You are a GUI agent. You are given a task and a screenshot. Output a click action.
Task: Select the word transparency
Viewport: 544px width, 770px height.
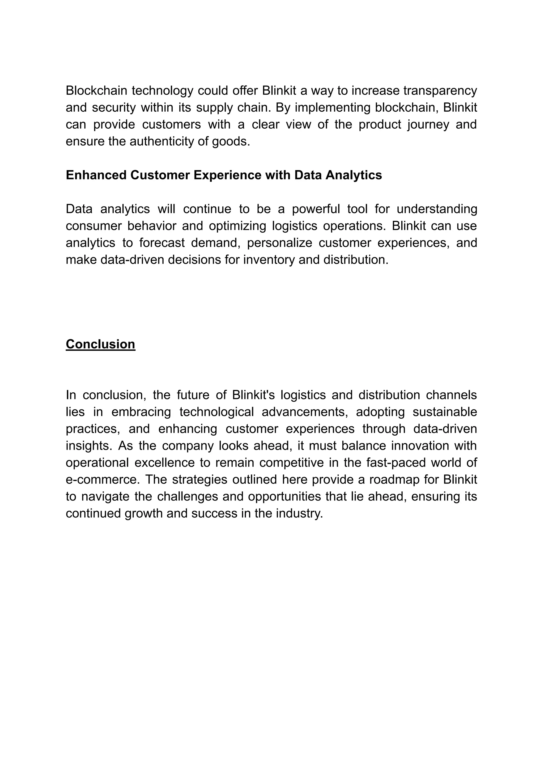(x=440, y=91)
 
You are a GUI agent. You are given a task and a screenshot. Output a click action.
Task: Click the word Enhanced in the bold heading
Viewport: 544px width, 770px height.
(x=96, y=175)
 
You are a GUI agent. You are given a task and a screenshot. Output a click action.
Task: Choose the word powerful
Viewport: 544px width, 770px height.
(x=315, y=209)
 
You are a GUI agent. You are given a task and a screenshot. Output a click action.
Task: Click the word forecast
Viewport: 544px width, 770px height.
(x=162, y=243)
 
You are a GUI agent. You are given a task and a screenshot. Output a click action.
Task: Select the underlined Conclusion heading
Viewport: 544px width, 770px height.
(x=101, y=344)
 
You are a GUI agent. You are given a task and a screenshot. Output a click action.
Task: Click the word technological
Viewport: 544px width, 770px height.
(x=216, y=412)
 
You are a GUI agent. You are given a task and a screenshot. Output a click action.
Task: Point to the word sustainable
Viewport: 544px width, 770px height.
(x=445, y=412)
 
